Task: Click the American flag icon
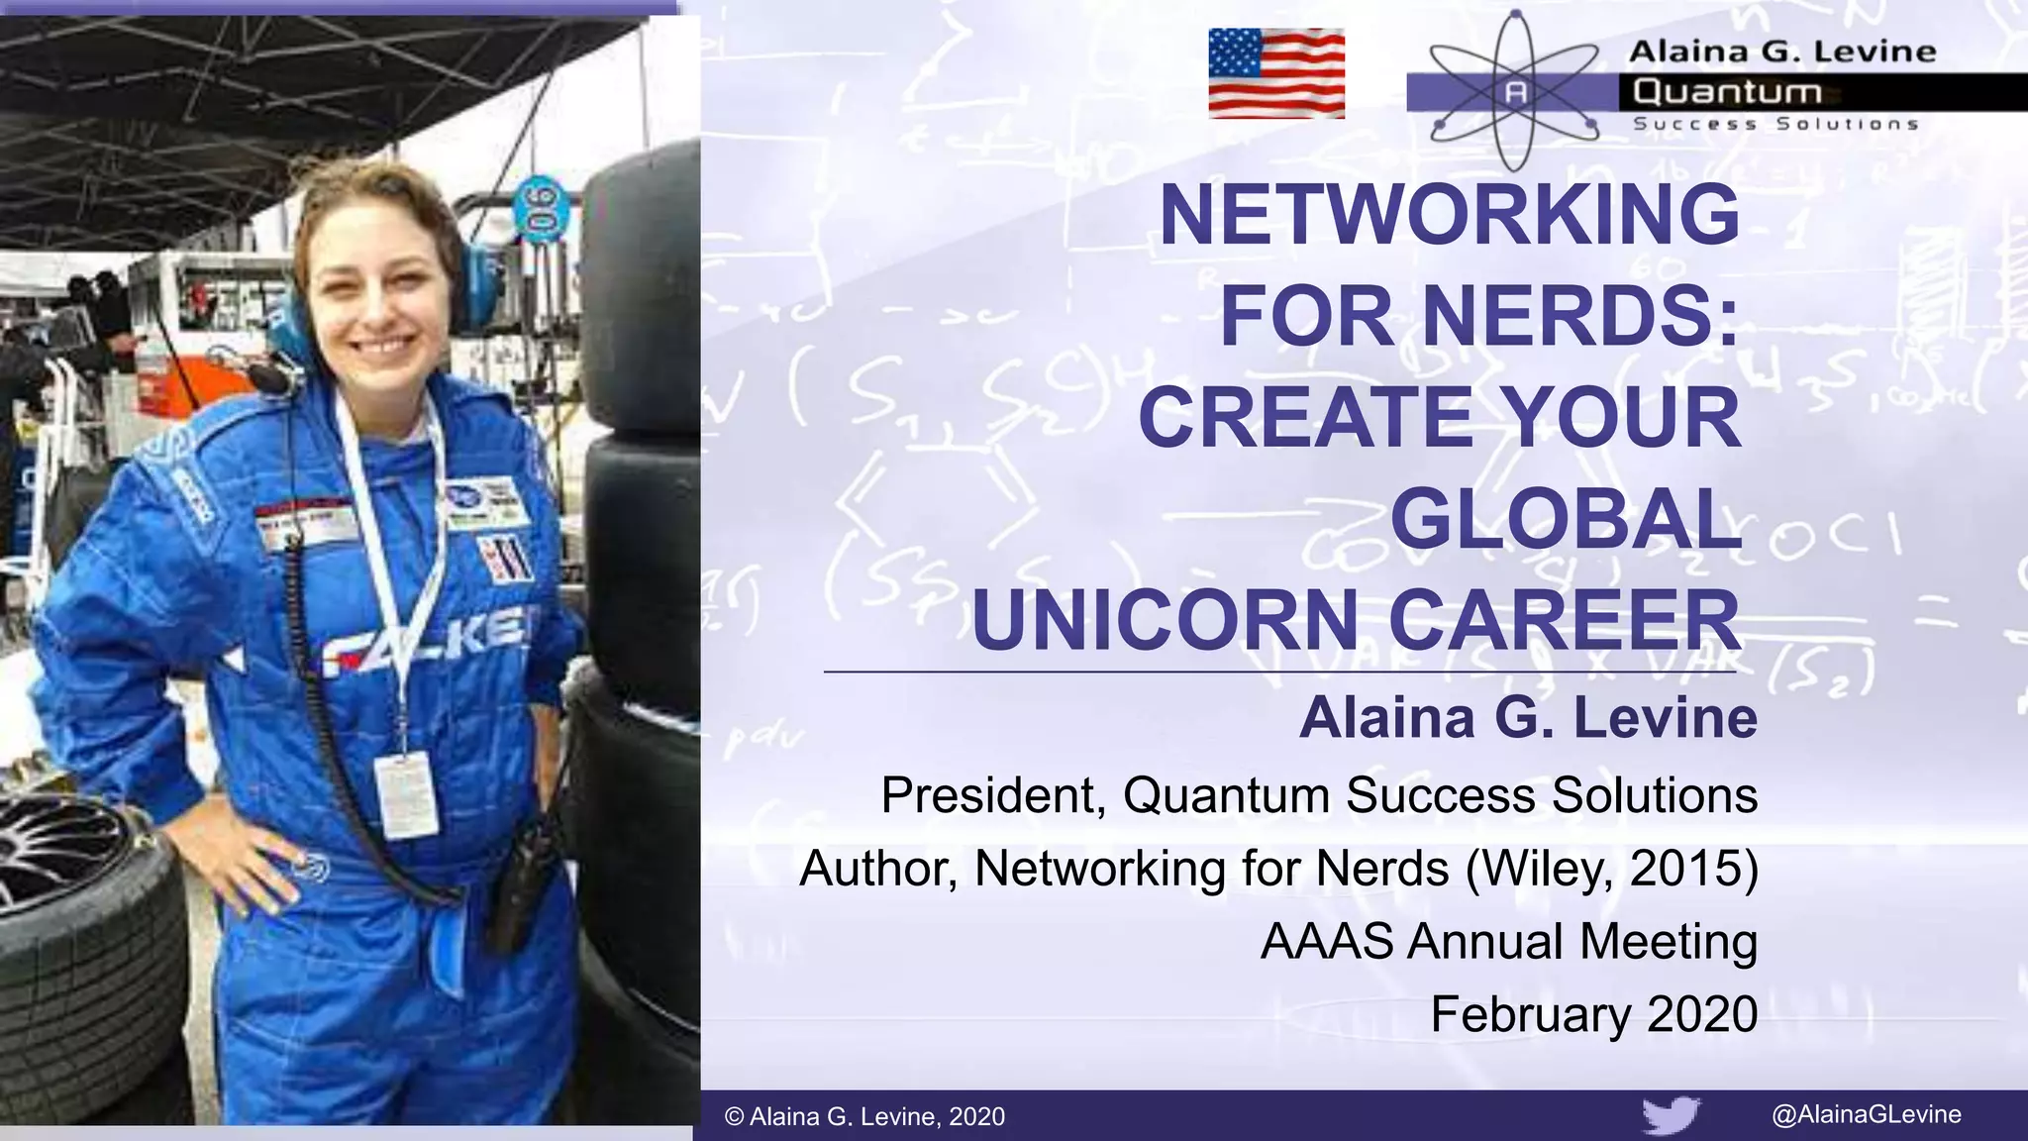[x=1276, y=73]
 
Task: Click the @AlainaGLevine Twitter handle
[x=1866, y=1114]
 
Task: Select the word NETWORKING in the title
[x=1449, y=215]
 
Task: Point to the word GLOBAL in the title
[x=1566, y=519]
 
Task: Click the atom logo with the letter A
[x=1515, y=92]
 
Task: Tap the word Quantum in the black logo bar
[x=1727, y=92]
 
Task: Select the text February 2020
[x=1593, y=1014]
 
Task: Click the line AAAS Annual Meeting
[x=1508, y=941]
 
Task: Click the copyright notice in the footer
[x=864, y=1116]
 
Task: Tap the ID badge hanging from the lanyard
[x=406, y=793]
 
